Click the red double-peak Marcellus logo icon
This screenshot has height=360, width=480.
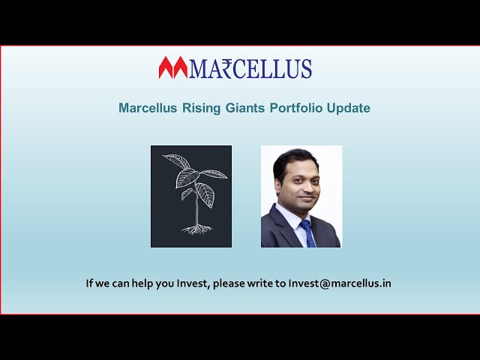point(173,67)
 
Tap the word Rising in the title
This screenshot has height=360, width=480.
point(201,108)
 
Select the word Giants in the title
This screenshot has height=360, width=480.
point(245,108)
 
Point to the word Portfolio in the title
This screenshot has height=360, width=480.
point(296,108)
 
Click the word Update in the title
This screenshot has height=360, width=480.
point(348,108)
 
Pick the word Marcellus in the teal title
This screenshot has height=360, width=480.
point(148,108)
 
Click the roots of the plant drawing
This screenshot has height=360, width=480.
point(196,229)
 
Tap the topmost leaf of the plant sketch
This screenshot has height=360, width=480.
point(177,160)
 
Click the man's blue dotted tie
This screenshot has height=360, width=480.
point(307,233)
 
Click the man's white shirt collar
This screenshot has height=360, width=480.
point(292,217)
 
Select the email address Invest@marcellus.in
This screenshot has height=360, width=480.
point(340,283)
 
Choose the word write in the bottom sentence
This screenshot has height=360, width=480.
point(260,283)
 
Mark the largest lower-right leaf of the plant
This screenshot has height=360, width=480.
point(205,194)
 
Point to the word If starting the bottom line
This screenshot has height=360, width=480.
point(89,283)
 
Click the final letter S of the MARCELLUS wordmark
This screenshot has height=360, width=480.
point(306,68)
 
